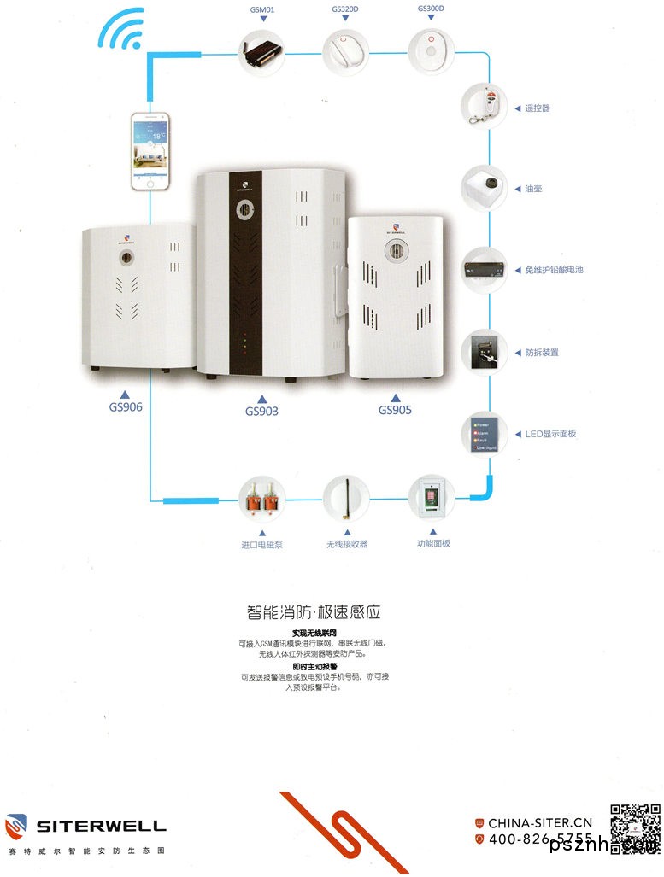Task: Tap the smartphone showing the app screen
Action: (150, 150)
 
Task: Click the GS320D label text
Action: (345, 9)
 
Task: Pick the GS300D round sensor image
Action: (431, 50)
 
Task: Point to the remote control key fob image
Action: (485, 107)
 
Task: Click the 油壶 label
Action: (534, 189)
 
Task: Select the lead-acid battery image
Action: (485, 269)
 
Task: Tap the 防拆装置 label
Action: (542, 352)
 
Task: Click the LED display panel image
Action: (485, 434)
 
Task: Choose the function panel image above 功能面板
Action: (432, 498)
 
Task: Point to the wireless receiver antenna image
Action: (346, 499)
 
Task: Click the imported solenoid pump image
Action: (262, 499)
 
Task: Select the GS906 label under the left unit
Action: (126, 407)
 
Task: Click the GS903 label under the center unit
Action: (261, 411)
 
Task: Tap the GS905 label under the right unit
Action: (395, 410)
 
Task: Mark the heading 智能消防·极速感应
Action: (313, 612)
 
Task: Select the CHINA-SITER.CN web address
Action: (540, 823)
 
